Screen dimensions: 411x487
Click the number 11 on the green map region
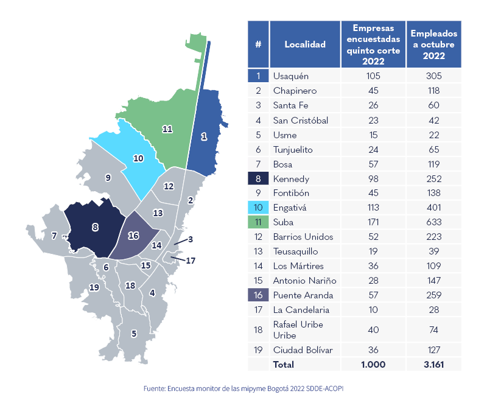167,129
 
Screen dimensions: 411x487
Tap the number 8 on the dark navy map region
95,227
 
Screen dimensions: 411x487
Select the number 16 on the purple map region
133,236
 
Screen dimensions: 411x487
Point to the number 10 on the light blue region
138,158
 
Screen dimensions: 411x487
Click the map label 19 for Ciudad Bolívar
94,287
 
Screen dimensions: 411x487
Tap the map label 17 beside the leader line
191,261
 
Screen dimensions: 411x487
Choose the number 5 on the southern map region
134,333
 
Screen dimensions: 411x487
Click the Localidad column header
305,44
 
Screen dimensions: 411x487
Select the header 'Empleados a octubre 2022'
434,44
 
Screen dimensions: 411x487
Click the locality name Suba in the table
283,222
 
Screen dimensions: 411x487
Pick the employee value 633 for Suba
434,222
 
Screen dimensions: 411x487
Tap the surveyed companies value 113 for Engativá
373,208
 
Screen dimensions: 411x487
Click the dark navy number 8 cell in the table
258,178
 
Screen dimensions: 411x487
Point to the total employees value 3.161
434,365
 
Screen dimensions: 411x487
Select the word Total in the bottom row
284,365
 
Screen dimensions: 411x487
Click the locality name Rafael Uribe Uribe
298,329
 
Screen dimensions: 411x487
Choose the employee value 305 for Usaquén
434,76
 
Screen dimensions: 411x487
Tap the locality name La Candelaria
299,310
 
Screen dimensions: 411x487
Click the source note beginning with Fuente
243,388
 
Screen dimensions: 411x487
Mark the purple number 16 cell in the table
258,295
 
